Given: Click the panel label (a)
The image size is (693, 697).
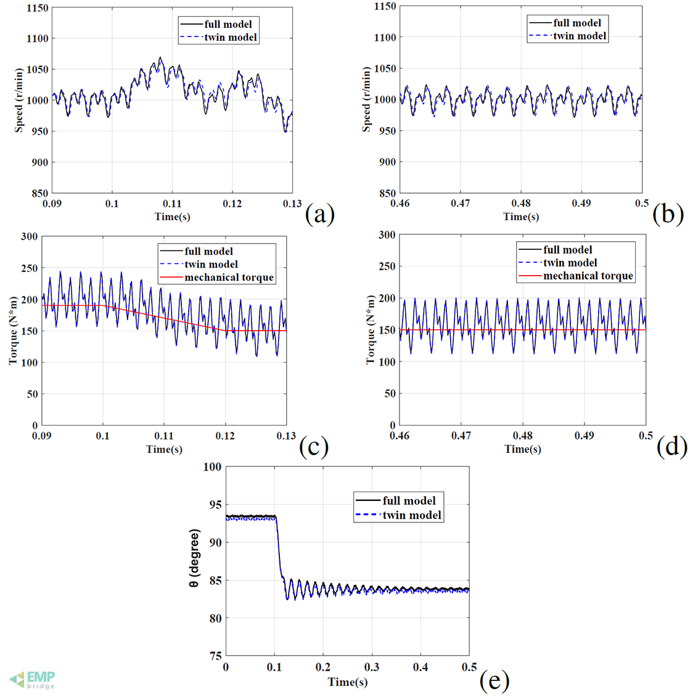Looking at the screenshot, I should coord(319,213).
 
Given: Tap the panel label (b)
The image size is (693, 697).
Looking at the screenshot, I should coord(668,213).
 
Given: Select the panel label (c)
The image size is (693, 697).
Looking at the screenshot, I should coord(313,446).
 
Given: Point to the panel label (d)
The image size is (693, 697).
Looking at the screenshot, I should coord(671,446).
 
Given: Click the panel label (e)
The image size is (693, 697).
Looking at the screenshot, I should coord(494,680).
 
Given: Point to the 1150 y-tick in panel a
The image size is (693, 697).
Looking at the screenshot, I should coord(38,8).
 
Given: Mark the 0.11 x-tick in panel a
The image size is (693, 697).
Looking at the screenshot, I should coord(172,204).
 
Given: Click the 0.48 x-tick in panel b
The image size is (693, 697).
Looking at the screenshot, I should coord(521,203).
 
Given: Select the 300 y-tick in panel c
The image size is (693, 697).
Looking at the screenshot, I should coord(29,236).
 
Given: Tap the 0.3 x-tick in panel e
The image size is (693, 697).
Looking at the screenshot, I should coord(372,667).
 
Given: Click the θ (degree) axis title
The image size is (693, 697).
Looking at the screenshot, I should coord(195,558).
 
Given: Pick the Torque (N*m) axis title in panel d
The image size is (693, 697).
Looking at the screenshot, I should coord(371,329).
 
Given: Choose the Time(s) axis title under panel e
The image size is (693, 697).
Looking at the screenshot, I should coord(348,682).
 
